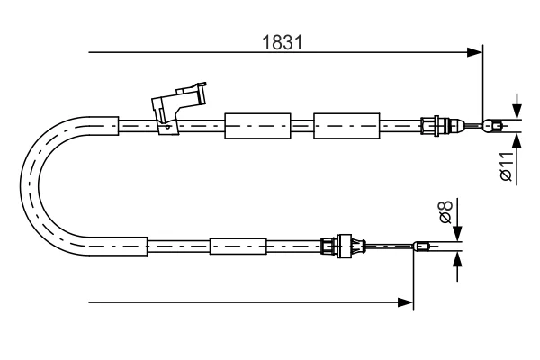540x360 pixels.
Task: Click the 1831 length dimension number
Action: tap(282, 42)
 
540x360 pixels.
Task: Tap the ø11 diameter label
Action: tap(506, 166)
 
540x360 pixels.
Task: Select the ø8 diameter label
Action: tap(446, 211)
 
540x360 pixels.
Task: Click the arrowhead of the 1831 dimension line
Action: tap(474, 52)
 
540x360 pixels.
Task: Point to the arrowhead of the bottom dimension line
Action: tap(405, 302)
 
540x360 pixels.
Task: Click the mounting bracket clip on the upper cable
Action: tap(178, 107)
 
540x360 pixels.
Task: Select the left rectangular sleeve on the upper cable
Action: tap(257, 126)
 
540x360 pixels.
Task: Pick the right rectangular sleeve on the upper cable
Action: tap(346, 126)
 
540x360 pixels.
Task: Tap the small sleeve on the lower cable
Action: tap(238, 247)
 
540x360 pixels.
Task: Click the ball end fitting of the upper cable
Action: tap(491, 126)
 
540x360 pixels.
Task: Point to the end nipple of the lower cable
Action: tap(421, 247)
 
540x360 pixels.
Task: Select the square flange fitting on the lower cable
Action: tap(344, 246)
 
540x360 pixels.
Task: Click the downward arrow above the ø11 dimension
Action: tap(517, 106)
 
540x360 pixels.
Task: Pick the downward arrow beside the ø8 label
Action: tap(457, 220)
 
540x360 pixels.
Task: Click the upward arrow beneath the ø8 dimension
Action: tap(457, 266)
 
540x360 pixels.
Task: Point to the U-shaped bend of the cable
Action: tap(30, 186)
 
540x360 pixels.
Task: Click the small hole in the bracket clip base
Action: tap(167, 127)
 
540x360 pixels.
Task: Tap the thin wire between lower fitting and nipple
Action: tap(389, 246)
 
